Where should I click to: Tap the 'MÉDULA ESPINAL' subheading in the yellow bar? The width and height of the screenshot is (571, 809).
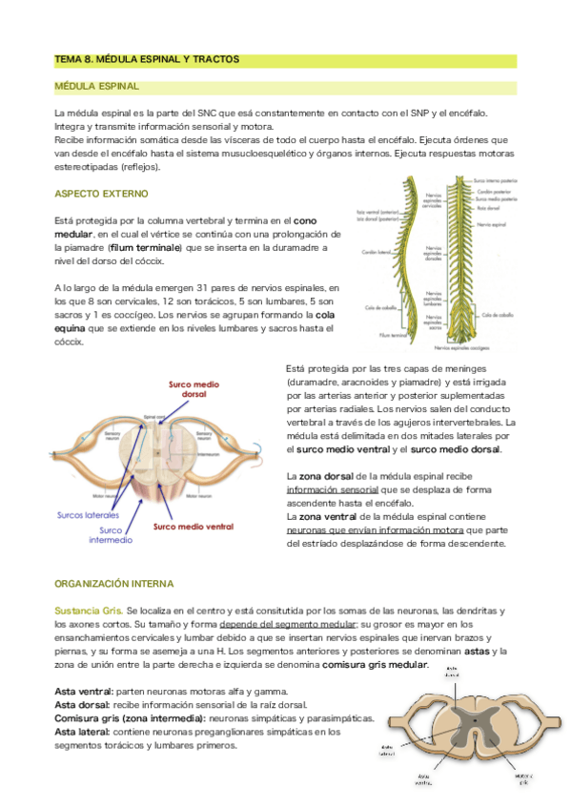pyautogui.click(x=97, y=87)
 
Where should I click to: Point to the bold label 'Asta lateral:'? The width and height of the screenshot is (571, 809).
pyautogui.click(x=83, y=732)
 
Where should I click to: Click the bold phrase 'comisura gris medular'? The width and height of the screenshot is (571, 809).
pyautogui.click(x=374, y=664)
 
